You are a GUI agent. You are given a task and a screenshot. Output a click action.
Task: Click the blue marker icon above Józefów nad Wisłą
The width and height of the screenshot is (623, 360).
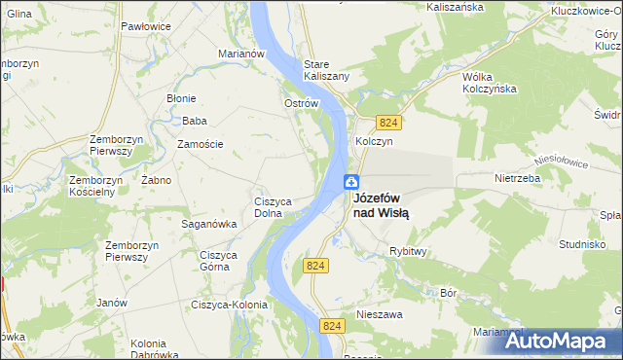(x=351, y=182)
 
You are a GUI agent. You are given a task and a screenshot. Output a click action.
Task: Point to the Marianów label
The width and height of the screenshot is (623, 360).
(x=242, y=54)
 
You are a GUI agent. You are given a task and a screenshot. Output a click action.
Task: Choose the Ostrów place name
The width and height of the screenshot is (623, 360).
(x=301, y=103)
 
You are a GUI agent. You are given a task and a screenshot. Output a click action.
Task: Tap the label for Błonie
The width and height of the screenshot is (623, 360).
(x=181, y=98)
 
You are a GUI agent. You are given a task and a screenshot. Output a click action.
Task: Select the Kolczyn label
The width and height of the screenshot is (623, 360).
(x=374, y=141)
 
